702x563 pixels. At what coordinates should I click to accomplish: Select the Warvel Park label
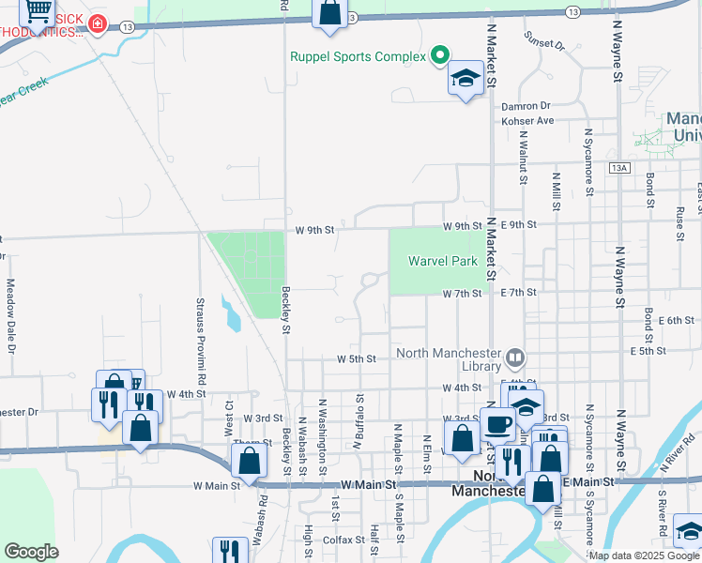pos(443,261)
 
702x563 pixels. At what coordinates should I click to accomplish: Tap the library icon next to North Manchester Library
pos(515,357)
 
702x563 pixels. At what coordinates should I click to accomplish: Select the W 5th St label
pos(357,358)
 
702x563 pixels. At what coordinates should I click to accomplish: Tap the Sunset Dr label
pos(545,44)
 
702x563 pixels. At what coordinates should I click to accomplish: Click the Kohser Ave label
pos(527,121)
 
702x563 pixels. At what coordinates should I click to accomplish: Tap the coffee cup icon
pos(497,423)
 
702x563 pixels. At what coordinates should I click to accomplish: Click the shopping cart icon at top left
pos(38,10)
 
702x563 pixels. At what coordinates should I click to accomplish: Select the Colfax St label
pos(343,540)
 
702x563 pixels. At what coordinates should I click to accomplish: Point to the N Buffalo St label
pos(359,422)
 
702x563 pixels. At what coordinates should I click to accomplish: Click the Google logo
pos(31,552)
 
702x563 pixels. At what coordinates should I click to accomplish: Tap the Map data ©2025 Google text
pos(644,555)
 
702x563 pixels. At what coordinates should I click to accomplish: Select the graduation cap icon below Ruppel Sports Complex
pos(465,79)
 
